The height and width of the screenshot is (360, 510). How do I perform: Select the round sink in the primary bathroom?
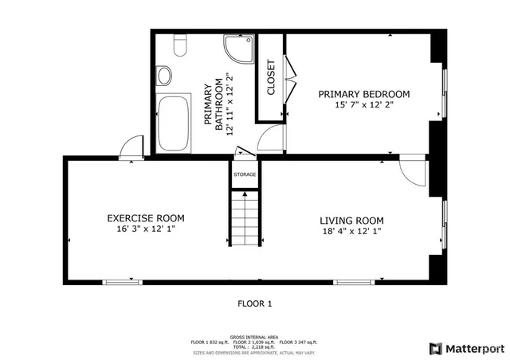click(164, 76)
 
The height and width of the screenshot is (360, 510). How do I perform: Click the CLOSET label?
click(271, 77)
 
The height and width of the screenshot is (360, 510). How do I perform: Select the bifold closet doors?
click(289, 77)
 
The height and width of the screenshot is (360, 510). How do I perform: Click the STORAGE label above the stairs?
click(245, 174)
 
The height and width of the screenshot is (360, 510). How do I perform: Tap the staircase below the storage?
click(245, 220)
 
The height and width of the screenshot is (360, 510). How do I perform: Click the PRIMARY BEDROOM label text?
click(364, 94)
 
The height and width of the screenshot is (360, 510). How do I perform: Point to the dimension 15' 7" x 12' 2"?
click(364, 104)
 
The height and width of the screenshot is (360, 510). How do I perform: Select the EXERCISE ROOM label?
click(146, 218)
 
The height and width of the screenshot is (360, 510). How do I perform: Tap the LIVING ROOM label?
click(351, 221)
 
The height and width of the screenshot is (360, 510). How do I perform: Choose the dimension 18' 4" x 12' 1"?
click(351, 232)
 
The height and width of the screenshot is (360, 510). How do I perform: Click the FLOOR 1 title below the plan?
click(255, 303)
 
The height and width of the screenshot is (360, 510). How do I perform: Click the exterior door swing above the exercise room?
click(130, 147)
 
